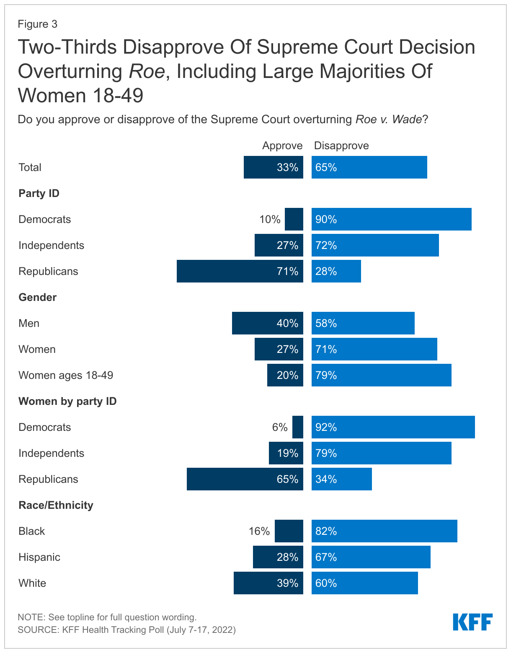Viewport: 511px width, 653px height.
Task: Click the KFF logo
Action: pyautogui.click(x=472, y=622)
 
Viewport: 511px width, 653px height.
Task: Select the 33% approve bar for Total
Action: pyautogui.click(x=273, y=167)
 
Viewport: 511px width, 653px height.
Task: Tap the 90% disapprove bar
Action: pyautogui.click(x=391, y=219)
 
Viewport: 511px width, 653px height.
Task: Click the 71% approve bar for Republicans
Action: pyautogui.click(x=240, y=271)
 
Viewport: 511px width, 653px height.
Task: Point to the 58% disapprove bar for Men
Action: pyautogui.click(x=363, y=323)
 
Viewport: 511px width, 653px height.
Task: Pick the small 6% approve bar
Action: pyautogui.click(x=298, y=427)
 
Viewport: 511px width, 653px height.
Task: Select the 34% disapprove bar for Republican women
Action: pyautogui.click(x=341, y=479)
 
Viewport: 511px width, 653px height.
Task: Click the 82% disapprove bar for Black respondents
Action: pyautogui.click(x=384, y=531)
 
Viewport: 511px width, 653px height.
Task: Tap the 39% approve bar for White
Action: pyautogui.click(x=268, y=583)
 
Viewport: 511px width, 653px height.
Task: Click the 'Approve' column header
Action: pyautogui.click(x=282, y=145)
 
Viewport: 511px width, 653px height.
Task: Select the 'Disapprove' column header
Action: pyautogui.click(x=341, y=145)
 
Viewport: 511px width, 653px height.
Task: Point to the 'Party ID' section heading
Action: pyautogui.click(x=39, y=193)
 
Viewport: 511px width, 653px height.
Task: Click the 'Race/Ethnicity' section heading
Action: pyautogui.click(x=56, y=505)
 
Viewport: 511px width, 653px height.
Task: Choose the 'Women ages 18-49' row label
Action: pyautogui.click(x=66, y=375)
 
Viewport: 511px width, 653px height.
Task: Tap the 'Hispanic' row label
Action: pyautogui.click(x=39, y=557)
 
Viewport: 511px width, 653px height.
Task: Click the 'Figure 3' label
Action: pyautogui.click(x=37, y=24)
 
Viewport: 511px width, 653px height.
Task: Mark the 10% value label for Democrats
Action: pyautogui.click(x=270, y=219)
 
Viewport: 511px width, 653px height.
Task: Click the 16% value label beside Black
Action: pyautogui.click(x=259, y=531)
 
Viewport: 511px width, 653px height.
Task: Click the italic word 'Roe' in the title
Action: pyautogui.click(x=146, y=71)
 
